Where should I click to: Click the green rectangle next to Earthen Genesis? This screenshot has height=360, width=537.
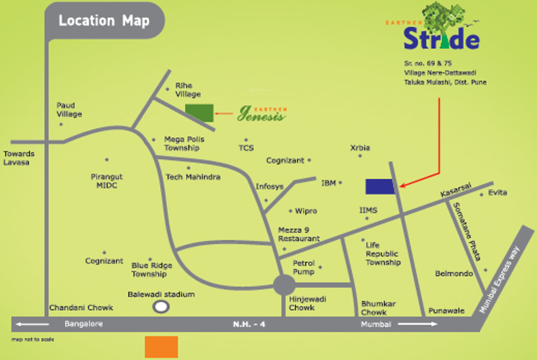coord(199,110)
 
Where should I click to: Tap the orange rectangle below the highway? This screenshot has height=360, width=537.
coord(161,347)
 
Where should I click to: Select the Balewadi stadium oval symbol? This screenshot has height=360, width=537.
coord(161,307)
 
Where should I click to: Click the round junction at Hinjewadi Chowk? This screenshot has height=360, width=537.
coord(284,285)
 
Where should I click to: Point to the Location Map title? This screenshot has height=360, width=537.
coord(104,21)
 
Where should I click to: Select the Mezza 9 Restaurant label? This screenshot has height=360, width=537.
coord(299,234)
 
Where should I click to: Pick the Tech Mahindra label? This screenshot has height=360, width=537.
coord(193,177)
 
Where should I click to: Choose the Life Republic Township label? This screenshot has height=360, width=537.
coord(383,254)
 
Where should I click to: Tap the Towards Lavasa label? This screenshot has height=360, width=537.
coord(19,158)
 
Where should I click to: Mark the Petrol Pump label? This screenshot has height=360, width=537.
coord(303,267)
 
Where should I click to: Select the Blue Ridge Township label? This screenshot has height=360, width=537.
coord(152,270)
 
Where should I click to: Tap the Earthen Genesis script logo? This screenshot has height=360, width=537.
coord(262,113)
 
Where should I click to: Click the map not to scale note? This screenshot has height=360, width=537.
coord(33,340)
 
